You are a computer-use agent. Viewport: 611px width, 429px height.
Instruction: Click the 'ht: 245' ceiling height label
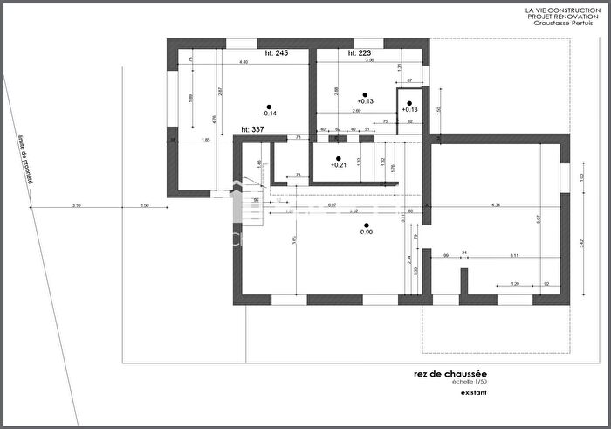(x=276, y=53)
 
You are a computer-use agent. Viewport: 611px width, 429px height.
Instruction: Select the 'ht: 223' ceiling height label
(x=359, y=53)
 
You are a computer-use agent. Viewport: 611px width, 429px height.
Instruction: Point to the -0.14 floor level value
(x=269, y=114)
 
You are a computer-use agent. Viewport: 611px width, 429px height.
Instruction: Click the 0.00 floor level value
(x=367, y=232)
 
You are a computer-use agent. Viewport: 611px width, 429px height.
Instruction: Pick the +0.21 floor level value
(x=339, y=165)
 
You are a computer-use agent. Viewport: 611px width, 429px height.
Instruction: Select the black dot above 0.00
(x=367, y=223)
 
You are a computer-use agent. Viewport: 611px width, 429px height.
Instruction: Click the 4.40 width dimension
(x=244, y=62)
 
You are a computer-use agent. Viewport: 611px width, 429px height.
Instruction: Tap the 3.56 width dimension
(x=369, y=61)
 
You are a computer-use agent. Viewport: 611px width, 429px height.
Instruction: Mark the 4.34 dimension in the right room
(x=496, y=205)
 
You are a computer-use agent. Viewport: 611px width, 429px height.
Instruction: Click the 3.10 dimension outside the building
(x=77, y=205)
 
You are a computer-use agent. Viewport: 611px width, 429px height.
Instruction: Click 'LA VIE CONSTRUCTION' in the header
(x=561, y=10)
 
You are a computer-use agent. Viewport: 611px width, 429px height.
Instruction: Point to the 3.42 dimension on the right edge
(x=582, y=241)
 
